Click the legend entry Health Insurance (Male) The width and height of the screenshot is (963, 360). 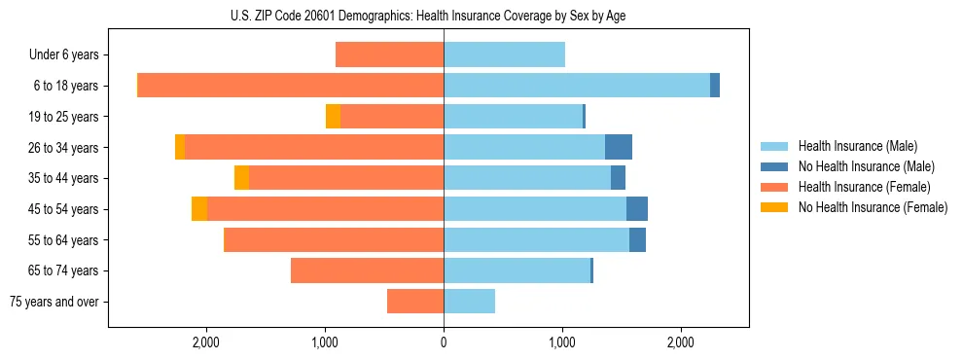pyautogui.click(x=857, y=146)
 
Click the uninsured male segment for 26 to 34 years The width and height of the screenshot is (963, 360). pyautogui.click(x=619, y=147)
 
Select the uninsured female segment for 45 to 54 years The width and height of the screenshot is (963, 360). pyautogui.click(x=199, y=209)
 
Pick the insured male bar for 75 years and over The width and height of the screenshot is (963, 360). pyautogui.click(x=469, y=302)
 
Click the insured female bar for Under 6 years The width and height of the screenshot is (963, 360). pyautogui.click(x=389, y=55)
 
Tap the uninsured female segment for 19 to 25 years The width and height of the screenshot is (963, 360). pyautogui.click(x=333, y=117)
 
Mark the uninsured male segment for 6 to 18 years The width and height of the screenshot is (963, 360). pyautogui.click(x=715, y=86)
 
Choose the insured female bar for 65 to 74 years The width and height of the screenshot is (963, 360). pyautogui.click(x=367, y=270)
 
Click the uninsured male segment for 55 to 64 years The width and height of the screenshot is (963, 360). pyautogui.click(x=637, y=240)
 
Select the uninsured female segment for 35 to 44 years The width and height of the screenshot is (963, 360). pyautogui.click(x=241, y=178)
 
